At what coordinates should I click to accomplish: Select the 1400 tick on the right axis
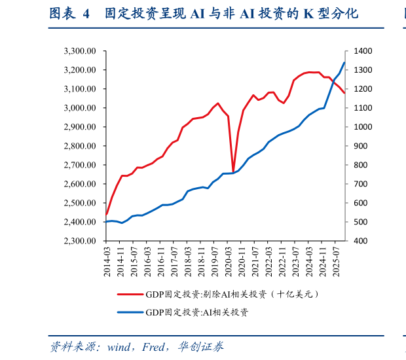(363, 51)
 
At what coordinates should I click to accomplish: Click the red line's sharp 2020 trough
(233, 172)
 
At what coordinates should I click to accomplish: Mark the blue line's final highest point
(344, 63)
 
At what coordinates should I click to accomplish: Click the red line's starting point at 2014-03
(106, 214)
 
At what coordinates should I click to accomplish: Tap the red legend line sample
(130, 295)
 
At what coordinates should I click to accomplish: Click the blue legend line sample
(130, 312)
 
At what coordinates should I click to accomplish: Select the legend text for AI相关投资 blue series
(197, 312)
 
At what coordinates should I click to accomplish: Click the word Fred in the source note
(154, 347)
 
